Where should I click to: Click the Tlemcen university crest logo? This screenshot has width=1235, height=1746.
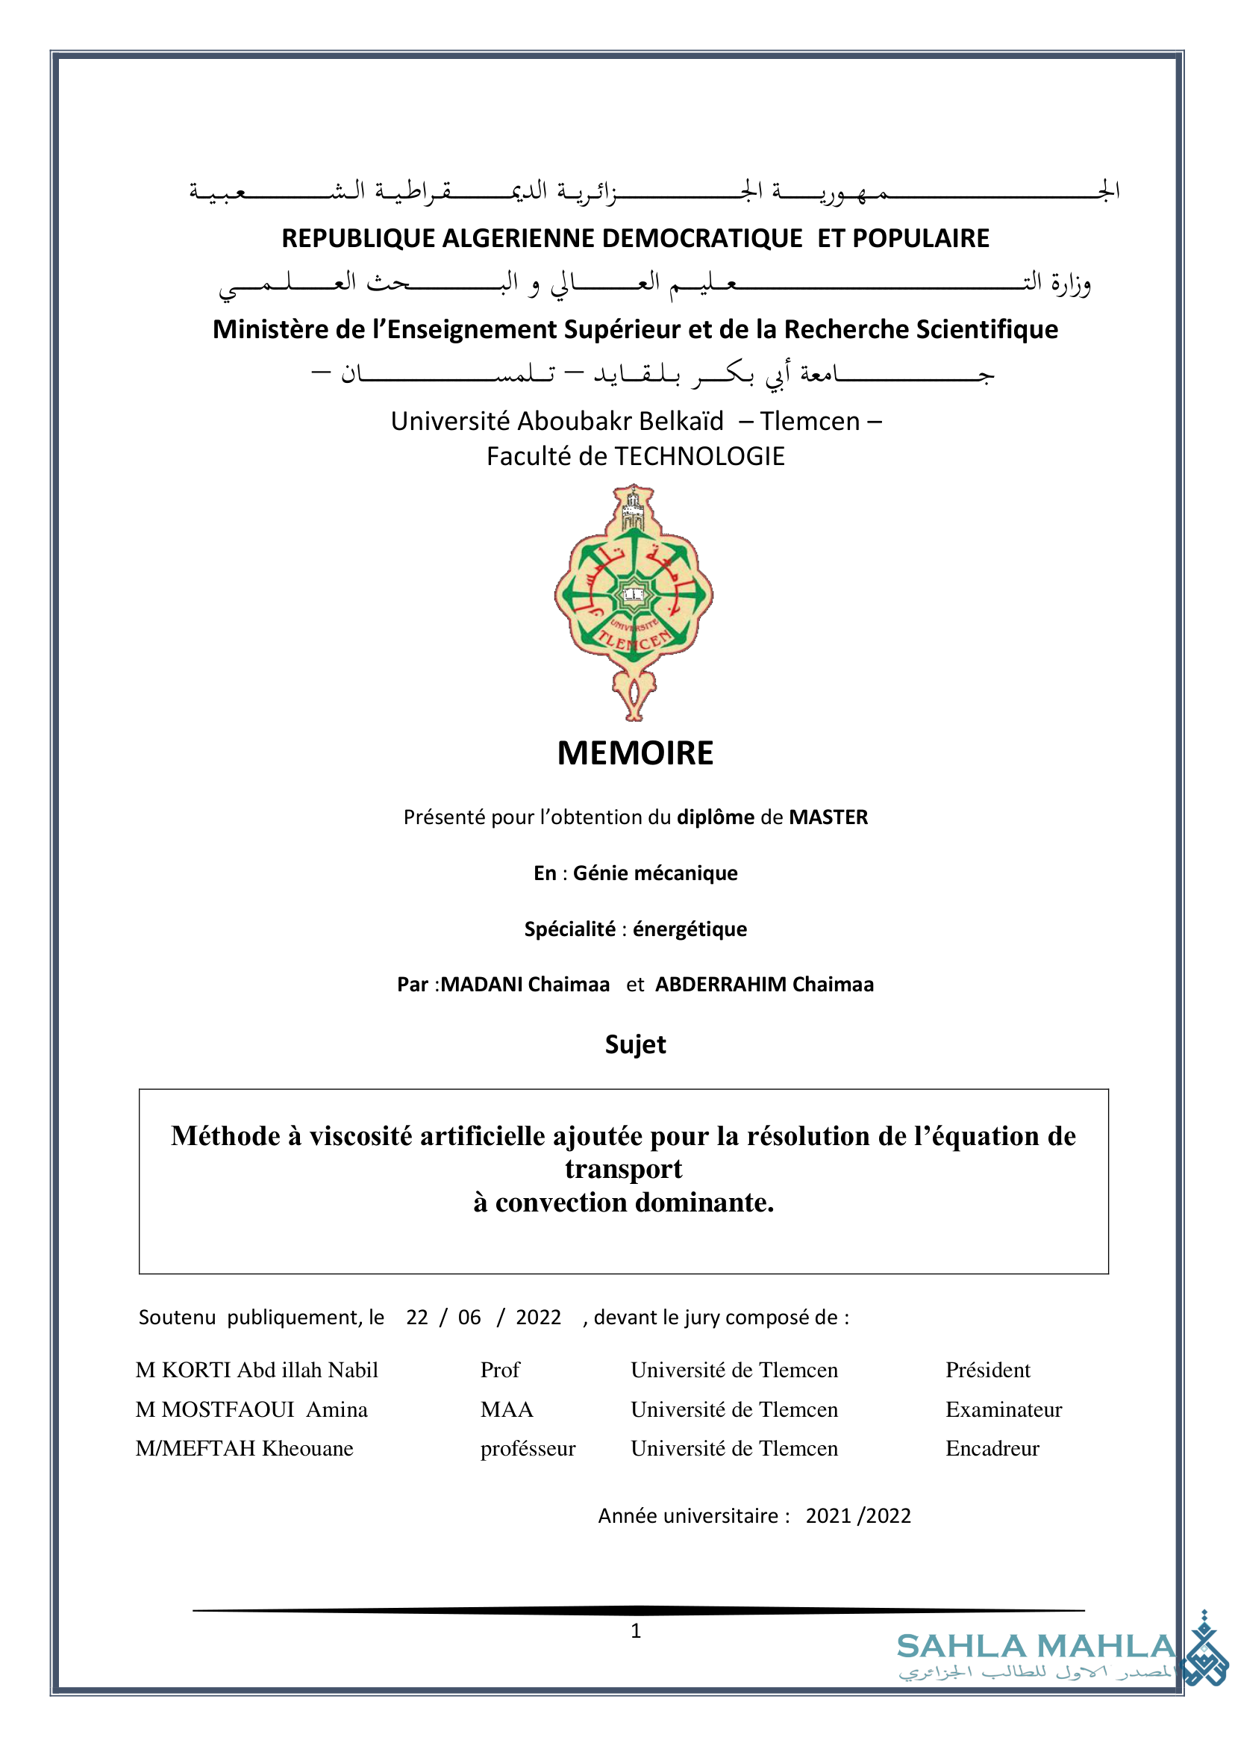[634, 601]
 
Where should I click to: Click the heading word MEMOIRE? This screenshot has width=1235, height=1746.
[635, 753]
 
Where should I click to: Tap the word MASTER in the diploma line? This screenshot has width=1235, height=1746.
[828, 817]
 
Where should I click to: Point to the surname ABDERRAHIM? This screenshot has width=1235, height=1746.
[721, 985]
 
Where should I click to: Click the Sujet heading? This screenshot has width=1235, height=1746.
[635, 1044]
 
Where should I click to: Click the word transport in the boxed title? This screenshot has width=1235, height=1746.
[624, 1169]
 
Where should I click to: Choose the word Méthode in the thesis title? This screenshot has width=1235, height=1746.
[226, 1136]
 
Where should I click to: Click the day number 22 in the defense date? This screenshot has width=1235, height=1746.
[416, 1318]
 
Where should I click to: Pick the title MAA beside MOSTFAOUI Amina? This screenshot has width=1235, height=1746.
[507, 1410]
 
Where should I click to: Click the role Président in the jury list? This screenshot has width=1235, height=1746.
[988, 1371]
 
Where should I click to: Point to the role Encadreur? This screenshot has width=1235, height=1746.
[992, 1449]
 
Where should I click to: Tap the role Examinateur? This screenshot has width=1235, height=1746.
[1004, 1410]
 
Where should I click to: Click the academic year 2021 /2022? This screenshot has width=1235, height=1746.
[858, 1516]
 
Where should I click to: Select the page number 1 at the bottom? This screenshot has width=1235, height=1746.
[636, 1631]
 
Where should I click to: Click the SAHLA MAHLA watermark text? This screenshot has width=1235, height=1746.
[1037, 1647]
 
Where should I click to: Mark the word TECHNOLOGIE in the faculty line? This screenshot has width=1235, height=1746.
[700, 457]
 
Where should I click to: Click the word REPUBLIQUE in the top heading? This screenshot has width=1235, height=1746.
[357, 239]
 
